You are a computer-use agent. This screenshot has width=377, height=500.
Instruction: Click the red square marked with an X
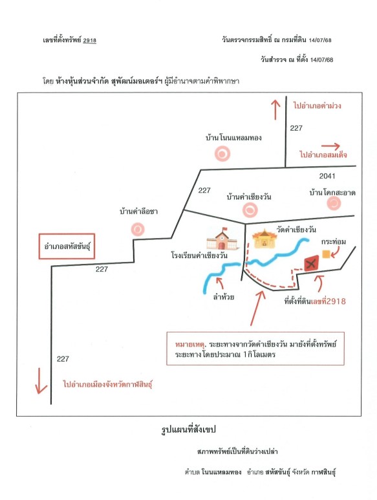pyautogui.click(x=311, y=263)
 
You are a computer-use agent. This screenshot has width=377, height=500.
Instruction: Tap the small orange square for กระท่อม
pyautogui.click(x=326, y=254)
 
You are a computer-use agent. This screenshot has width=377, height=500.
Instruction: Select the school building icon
pyautogui.click(x=222, y=239)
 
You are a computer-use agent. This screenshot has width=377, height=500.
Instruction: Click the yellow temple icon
pyautogui.click(x=264, y=239)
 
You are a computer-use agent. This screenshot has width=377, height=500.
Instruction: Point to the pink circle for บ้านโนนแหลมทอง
pyautogui.click(x=222, y=154)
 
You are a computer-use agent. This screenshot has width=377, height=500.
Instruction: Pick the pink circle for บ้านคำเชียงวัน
pyautogui.click(x=250, y=210)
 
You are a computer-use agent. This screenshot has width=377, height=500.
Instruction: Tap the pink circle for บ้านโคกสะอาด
pyautogui.click(x=334, y=203)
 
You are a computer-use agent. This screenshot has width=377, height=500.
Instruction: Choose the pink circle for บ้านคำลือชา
pyautogui.click(x=138, y=228)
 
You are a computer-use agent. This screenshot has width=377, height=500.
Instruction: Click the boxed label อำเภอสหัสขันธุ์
pyautogui.click(x=67, y=246)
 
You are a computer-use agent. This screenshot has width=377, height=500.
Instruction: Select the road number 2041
pyautogui.click(x=327, y=176)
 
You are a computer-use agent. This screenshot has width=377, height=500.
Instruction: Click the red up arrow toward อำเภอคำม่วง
pyautogui.click(x=275, y=109)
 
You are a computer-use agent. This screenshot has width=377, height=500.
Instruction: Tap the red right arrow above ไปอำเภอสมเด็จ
pyautogui.click(x=330, y=146)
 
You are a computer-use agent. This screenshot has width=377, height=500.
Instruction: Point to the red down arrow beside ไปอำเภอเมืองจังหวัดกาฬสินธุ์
pyautogui.click(x=41, y=381)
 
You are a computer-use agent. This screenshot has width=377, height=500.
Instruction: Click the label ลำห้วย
pyautogui.click(x=224, y=297)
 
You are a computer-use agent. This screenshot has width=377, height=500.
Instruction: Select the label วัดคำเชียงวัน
pyautogui.click(x=296, y=229)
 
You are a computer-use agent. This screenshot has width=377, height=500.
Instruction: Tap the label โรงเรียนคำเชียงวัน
pyautogui.click(x=199, y=255)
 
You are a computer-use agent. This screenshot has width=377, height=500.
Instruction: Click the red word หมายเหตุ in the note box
pyautogui.click(x=190, y=344)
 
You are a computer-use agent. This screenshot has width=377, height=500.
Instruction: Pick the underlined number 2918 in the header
pyautogui.click(x=89, y=40)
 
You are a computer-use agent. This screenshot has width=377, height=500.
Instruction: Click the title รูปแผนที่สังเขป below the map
pyautogui.click(x=189, y=429)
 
